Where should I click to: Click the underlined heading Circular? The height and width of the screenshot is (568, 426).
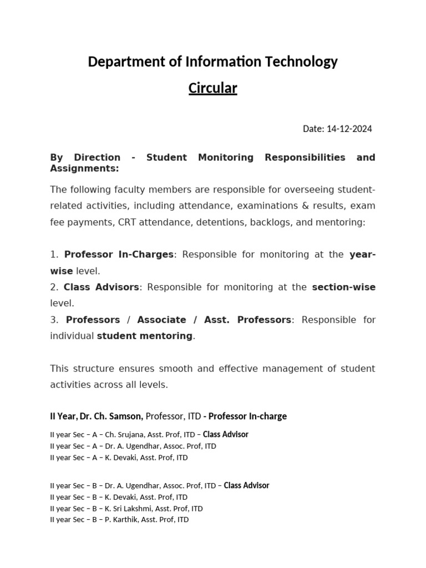[x=212, y=88]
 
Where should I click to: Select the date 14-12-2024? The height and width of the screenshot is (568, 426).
[x=349, y=129]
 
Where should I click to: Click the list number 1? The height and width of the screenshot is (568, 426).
[x=54, y=255]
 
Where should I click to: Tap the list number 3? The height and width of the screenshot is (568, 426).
[x=54, y=320]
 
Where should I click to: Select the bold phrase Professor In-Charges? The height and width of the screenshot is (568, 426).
[x=119, y=255]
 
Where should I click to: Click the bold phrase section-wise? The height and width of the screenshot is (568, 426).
[x=343, y=287]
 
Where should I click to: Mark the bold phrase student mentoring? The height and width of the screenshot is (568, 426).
[x=145, y=336]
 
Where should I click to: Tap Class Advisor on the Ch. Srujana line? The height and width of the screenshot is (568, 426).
[x=225, y=434]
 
